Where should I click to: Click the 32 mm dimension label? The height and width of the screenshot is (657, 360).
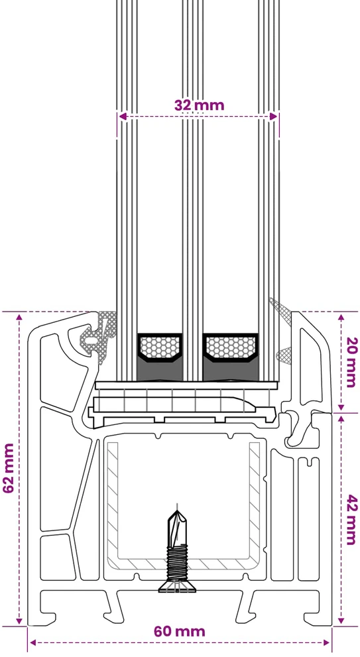[199, 105]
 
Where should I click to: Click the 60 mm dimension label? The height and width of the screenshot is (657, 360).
[180, 631]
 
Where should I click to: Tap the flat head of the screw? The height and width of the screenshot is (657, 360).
[177, 588]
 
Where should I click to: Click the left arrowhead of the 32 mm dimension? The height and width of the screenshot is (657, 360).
[122, 117]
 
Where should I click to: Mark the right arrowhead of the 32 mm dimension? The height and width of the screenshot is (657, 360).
[274, 117]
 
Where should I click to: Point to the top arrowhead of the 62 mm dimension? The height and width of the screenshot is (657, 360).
[19, 316]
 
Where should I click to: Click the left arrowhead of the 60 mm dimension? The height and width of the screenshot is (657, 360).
[33, 642]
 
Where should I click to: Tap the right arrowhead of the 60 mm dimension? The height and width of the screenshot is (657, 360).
[326, 642]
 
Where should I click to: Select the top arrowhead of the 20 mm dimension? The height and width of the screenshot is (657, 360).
[341, 316]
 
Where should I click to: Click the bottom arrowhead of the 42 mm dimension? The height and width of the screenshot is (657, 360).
[341, 619]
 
